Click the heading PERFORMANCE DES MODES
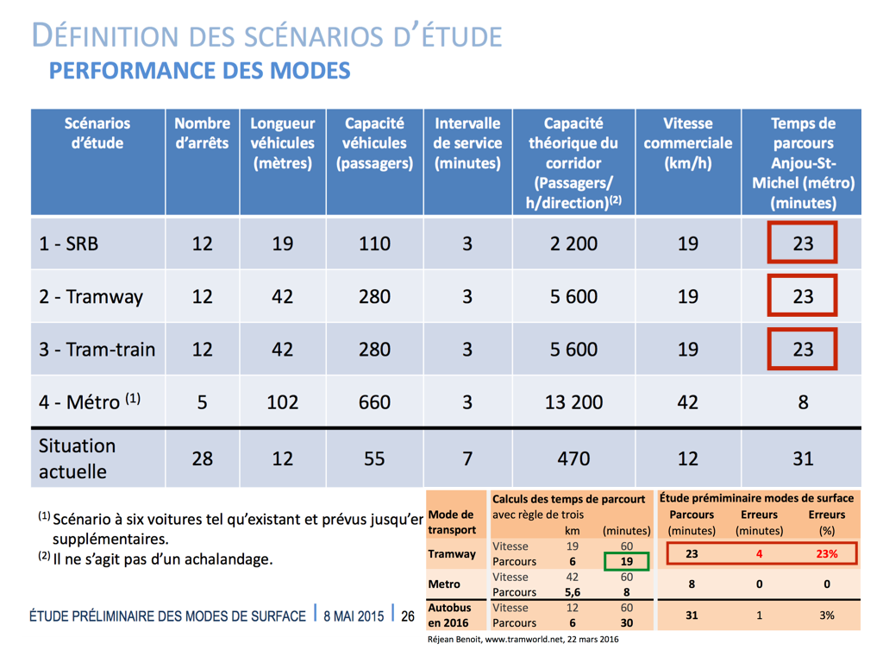pos(199,71)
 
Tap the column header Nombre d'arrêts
pos(202,133)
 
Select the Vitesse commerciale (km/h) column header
pos(687,143)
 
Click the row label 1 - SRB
pos(69,243)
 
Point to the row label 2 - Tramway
pos(91,297)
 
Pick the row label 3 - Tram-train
pos(97,350)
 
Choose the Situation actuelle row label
pos(77,458)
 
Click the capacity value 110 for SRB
pos(374,243)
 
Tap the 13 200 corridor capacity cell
pos(573,402)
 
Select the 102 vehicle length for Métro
pos(282,402)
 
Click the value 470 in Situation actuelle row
pos(573,458)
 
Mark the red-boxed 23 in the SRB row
pos(803,243)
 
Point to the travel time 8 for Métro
pos(803,402)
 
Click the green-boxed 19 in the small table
pos(627,561)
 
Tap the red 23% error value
pos(827,553)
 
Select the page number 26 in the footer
pos(408,616)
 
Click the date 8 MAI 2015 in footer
pos(354,616)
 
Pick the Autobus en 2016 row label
pos(448,615)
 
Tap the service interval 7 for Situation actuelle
pos(467,458)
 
